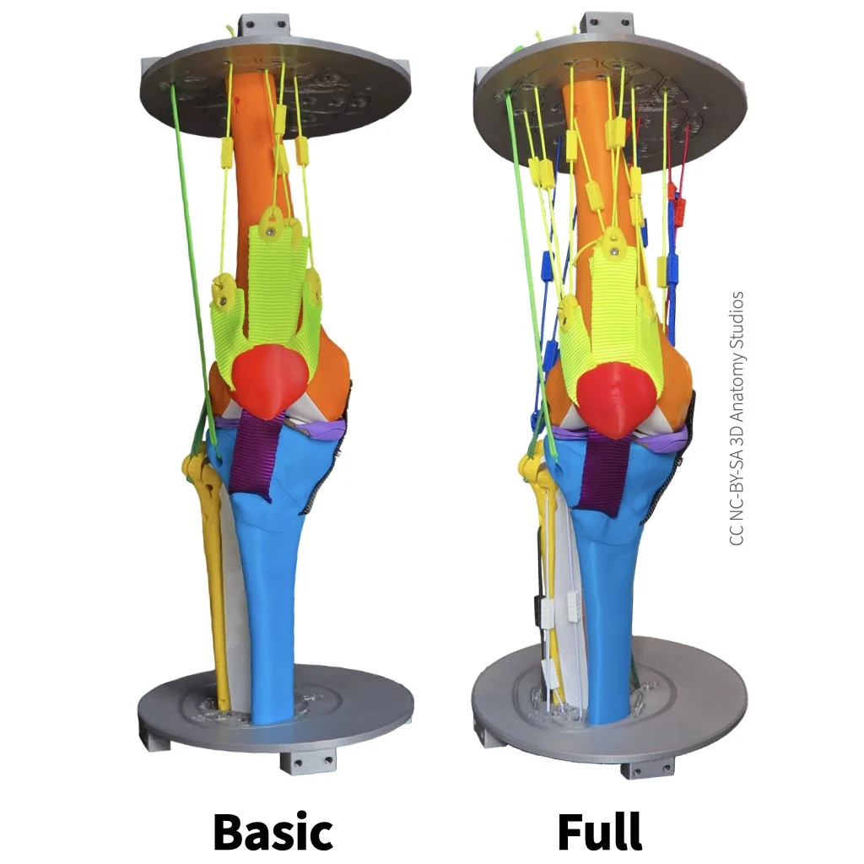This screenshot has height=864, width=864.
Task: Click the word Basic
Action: click(x=273, y=831)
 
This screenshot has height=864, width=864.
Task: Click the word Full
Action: click(x=600, y=830)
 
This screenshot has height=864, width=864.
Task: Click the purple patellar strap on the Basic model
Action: click(x=254, y=456)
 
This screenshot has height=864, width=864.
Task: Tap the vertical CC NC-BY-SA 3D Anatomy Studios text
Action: click(x=736, y=418)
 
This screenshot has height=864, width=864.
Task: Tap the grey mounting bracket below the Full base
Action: click(x=648, y=769)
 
